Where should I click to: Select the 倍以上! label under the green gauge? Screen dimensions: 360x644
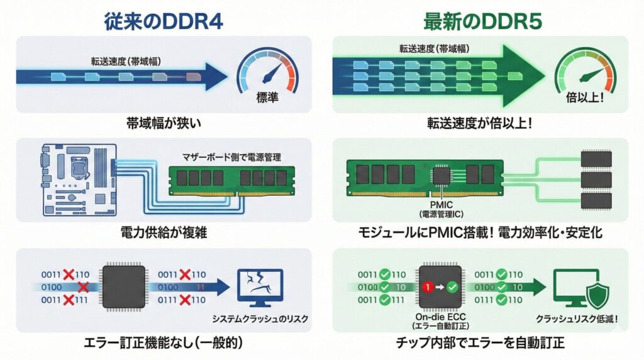pyautogui.click(x=585, y=98)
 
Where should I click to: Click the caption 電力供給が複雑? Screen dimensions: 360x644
pyautogui.click(x=164, y=233)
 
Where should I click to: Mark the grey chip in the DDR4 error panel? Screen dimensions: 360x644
pyautogui.click(x=123, y=288)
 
